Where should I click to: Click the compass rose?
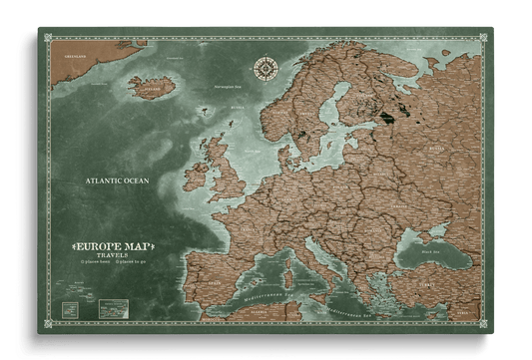coord(266,68)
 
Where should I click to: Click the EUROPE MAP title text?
coord(112,244)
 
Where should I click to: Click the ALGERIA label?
coord(250,319)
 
